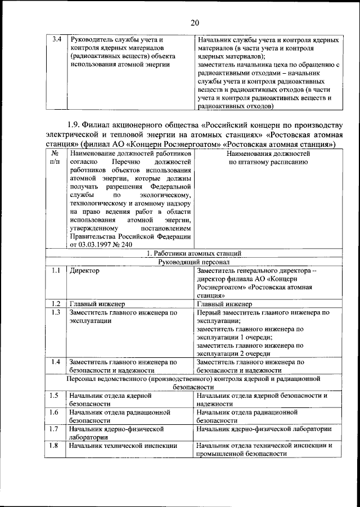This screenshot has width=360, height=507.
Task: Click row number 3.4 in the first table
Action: point(56,40)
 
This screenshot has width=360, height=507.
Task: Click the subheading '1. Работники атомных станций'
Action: point(194,254)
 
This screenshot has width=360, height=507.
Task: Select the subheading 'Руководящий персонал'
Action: point(194,262)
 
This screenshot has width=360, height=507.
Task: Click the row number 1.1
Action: point(56,271)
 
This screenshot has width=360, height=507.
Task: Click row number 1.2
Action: point(56,304)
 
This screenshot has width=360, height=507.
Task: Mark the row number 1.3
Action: point(56,312)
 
